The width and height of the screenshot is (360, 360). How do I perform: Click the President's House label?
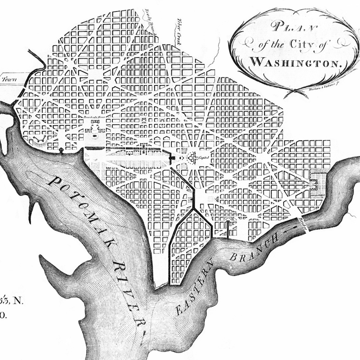94,117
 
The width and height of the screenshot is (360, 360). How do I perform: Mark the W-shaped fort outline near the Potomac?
40,139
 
